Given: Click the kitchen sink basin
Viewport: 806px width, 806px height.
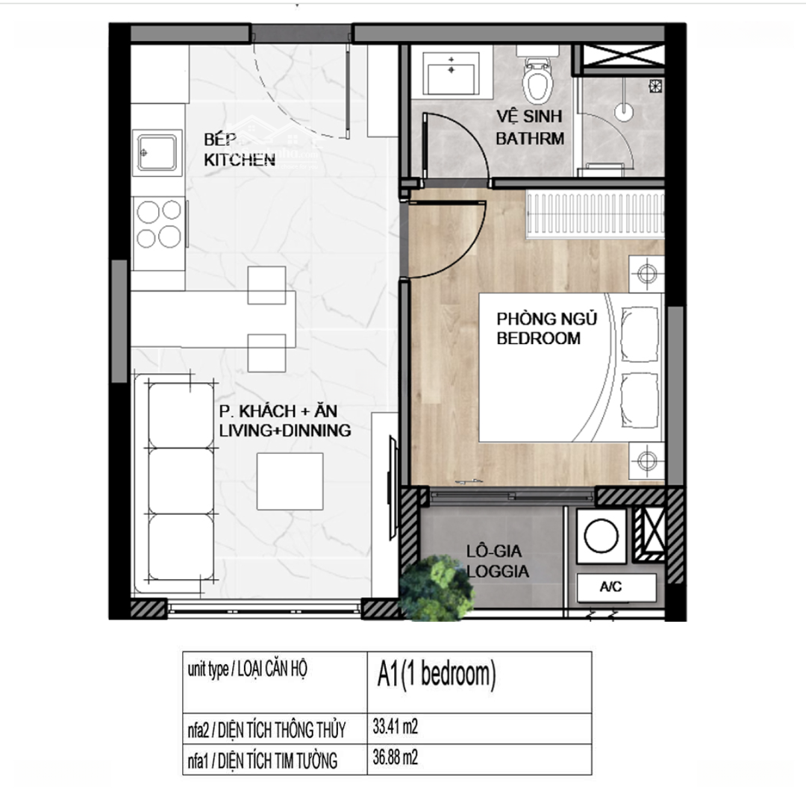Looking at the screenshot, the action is click(157, 152).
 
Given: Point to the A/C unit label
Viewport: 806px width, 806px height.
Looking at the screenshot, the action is click(610, 587).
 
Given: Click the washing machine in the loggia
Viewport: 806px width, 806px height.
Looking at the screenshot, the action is click(602, 536).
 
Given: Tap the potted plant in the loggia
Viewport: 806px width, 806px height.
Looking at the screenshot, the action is click(436, 588).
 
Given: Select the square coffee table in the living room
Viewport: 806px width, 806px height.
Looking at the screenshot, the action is click(290, 481).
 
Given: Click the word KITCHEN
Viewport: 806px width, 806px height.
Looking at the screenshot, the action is click(240, 160).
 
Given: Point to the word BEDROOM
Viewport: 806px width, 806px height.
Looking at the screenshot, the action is click(538, 338).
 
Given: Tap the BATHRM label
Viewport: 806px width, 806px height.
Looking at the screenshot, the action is click(530, 138).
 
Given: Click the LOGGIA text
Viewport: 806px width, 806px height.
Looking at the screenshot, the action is click(498, 571).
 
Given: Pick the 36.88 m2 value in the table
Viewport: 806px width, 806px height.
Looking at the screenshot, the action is click(396, 757).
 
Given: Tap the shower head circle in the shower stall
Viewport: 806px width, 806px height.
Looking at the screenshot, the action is click(623, 112).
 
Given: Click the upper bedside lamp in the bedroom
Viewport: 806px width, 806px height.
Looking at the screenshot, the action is click(646, 273).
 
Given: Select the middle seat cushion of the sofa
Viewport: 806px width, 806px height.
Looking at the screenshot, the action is click(181, 481).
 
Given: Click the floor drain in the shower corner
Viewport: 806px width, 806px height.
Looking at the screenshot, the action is click(655, 86).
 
